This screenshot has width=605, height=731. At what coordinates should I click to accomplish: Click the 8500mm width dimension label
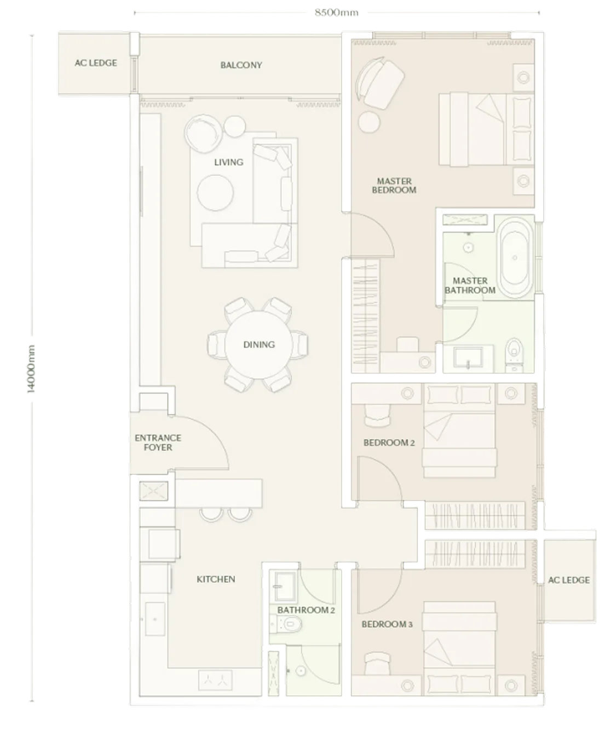337,13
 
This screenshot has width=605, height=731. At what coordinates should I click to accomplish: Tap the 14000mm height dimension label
31,369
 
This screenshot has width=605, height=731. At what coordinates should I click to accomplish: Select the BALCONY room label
241,65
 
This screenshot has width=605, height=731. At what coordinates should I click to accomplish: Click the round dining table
259,345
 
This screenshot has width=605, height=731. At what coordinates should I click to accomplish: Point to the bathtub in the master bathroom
515,258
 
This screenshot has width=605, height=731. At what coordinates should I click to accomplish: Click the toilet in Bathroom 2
286,624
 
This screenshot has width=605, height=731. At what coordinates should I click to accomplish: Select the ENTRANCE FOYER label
158,442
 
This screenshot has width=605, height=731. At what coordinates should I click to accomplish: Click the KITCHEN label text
216,579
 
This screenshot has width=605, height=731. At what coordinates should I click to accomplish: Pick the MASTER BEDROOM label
394,186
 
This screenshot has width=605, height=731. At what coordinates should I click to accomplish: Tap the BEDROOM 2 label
389,443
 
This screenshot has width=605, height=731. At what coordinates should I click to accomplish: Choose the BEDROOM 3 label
387,624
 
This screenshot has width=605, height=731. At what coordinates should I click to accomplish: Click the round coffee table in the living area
215,193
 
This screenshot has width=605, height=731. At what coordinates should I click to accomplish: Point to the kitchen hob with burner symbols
215,680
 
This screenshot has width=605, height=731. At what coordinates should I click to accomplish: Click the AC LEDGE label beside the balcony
96,63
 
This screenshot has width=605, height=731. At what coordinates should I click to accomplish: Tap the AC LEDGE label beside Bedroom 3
568,580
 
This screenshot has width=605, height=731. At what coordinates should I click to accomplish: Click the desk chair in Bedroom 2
377,416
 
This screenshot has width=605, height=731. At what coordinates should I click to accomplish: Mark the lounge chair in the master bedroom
379,83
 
